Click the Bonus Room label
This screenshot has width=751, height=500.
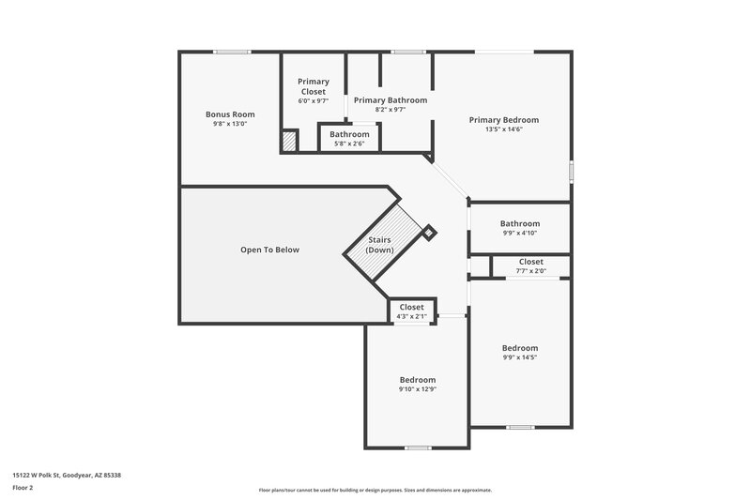coord(230,114)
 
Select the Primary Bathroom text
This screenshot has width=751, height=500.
coord(390,99)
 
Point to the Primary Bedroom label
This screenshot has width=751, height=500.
coord(504,119)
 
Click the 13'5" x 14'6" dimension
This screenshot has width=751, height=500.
coord(504,129)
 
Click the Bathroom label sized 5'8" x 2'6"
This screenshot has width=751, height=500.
coord(349,134)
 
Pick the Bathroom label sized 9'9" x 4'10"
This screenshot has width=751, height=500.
coord(519,223)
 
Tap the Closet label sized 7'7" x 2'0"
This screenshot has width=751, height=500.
coord(530,262)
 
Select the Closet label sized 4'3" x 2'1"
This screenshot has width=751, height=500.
coord(412,307)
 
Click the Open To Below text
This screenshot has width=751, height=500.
coord(269,250)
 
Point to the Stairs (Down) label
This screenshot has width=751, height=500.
coord(380,246)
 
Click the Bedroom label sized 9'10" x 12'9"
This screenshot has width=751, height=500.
coord(418,379)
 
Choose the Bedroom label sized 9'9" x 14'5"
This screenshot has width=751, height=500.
coord(519,347)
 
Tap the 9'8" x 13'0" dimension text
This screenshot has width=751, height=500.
coord(230,124)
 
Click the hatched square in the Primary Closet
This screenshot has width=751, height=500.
coord(289,141)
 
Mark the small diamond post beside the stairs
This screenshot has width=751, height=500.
coord(429,231)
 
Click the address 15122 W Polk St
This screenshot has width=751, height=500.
coord(67,475)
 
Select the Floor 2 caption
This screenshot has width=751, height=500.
coord(23,488)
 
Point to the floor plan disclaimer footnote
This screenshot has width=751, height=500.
coord(375,490)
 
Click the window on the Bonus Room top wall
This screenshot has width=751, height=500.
coord(231,52)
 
